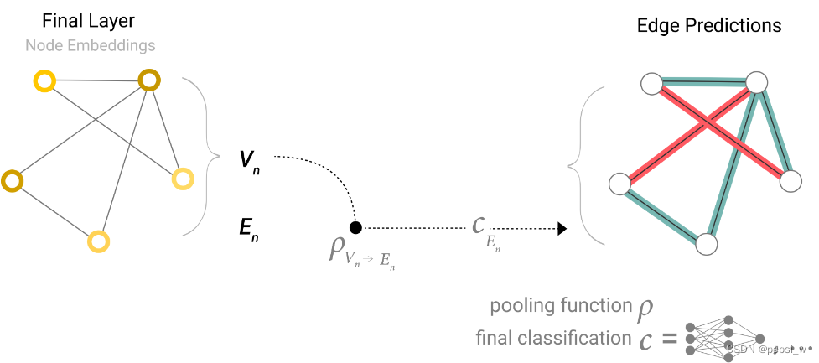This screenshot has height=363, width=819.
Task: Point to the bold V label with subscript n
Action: (x=249, y=159)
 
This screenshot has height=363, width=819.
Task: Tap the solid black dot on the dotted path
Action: (x=355, y=227)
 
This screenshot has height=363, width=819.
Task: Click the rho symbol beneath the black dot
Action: (x=337, y=249)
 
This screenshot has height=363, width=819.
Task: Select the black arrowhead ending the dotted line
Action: (x=562, y=227)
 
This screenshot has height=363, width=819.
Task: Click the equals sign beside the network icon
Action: (x=668, y=340)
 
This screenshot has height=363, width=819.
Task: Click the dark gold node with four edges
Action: (x=149, y=80)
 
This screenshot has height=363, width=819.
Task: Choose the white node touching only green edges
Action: (x=707, y=244)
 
